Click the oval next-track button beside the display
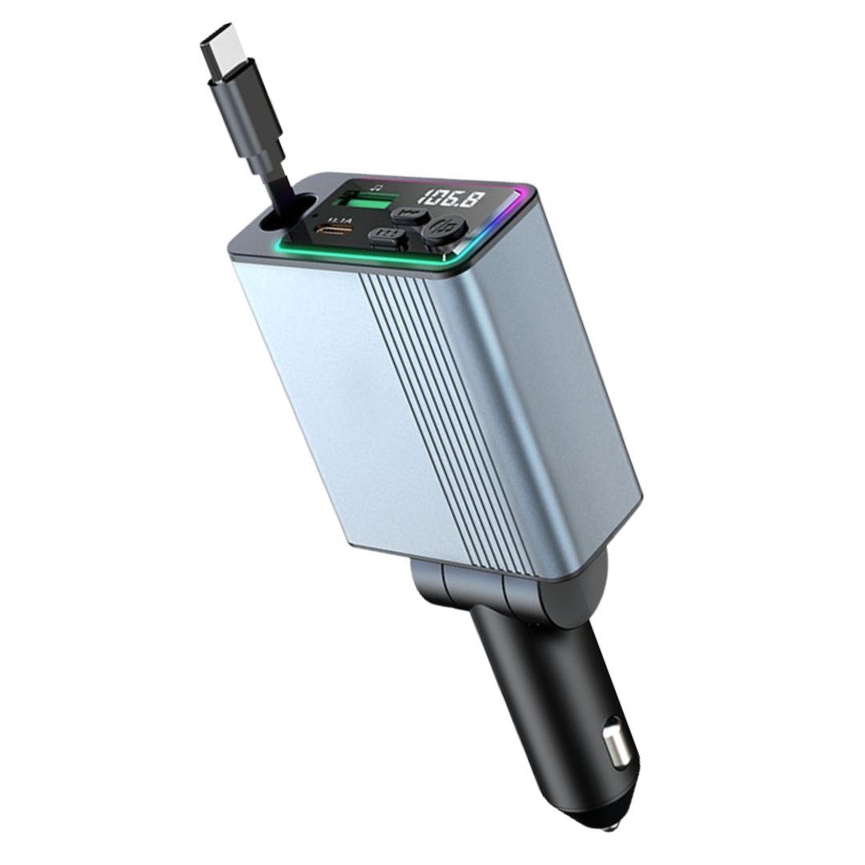tap(409, 215)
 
